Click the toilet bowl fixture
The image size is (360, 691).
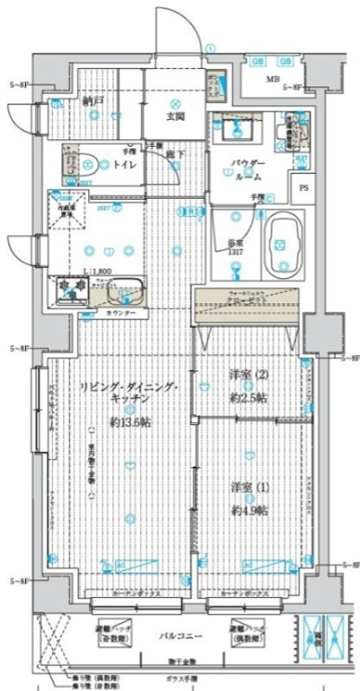click(83, 161)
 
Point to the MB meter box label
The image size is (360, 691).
click(273, 80)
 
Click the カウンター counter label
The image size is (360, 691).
click(121, 314)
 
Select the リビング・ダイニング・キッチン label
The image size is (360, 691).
click(130, 394)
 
